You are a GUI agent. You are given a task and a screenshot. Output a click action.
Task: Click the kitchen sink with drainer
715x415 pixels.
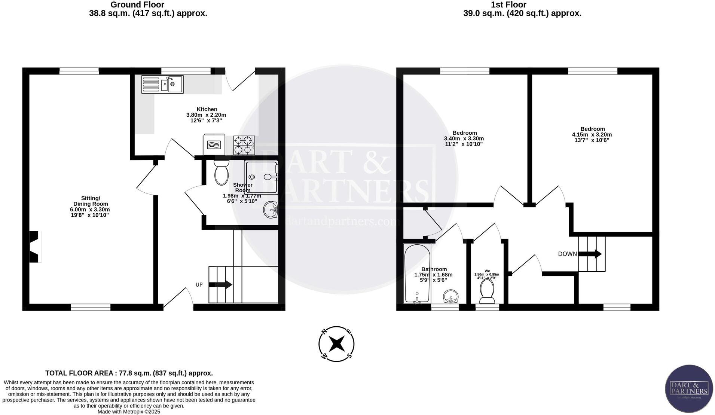162,84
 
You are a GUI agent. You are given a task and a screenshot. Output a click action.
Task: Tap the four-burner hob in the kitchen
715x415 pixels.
244,145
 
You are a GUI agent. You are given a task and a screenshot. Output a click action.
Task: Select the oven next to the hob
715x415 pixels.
214,144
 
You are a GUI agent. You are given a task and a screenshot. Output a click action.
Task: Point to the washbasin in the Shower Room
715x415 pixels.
270,210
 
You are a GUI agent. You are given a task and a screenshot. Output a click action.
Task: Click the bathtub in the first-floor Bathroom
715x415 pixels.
417,274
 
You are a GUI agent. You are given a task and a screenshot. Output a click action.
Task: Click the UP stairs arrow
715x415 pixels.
220,285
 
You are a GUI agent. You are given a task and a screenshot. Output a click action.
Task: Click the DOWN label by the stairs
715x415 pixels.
567,254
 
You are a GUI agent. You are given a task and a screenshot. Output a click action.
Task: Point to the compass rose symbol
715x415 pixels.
336,344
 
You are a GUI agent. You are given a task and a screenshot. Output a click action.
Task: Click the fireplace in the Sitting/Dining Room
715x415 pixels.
34,247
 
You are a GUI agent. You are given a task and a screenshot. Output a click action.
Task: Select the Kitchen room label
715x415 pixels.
207,109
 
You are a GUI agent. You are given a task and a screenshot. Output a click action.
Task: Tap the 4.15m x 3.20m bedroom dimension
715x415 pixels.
592,135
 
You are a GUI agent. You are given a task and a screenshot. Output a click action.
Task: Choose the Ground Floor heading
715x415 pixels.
137,5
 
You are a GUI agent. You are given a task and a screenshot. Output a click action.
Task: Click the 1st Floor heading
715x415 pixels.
508,5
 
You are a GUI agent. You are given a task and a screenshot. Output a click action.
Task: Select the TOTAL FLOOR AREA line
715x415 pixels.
129,373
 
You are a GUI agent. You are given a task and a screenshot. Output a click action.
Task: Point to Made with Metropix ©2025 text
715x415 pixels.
129,412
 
